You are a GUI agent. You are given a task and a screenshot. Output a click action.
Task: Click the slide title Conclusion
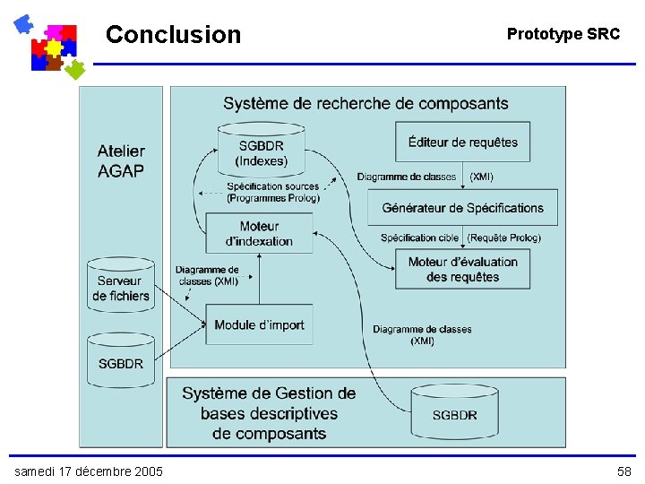click(173, 35)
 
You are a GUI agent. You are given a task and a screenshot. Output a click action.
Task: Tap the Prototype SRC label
click(563, 34)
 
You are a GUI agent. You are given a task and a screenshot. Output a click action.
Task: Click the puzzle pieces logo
click(49, 46)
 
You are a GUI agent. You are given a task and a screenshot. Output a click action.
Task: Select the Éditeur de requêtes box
click(462, 142)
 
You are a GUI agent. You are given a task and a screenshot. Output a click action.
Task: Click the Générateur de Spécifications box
click(462, 208)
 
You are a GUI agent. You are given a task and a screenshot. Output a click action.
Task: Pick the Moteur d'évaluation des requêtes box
click(462, 269)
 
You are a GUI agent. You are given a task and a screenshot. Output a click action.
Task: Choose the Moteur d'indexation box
click(259, 233)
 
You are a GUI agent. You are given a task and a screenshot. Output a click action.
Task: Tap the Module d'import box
click(259, 324)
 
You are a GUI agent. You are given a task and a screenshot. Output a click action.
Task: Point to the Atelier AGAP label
click(121, 160)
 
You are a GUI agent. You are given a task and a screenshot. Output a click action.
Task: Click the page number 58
click(623, 471)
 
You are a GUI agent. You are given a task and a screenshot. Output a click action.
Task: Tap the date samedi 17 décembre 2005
click(88, 471)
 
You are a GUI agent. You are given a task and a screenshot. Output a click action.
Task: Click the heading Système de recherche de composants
click(365, 104)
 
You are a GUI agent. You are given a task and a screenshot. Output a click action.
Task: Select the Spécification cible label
click(420, 238)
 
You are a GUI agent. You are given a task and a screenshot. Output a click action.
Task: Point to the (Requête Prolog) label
click(503, 238)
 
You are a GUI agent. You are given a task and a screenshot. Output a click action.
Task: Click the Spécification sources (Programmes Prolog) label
click(273, 192)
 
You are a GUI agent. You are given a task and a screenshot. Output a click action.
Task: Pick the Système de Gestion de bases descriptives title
click(269, 413)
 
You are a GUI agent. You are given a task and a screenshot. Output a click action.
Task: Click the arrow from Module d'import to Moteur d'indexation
click(259, 278)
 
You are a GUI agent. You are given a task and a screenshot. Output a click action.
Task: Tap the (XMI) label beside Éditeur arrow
click(481, 177)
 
